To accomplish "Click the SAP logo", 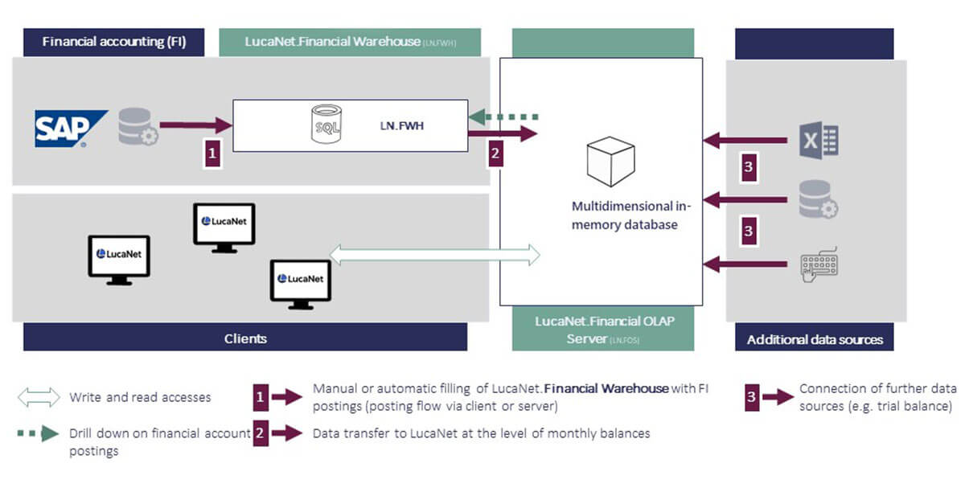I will (70, 129).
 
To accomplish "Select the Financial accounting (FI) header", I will (113, 42).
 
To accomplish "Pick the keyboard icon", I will (819, 263).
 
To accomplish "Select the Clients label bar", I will (245, 338).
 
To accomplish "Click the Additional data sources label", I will (815, 339).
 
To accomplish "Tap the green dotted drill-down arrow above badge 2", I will (503, 117).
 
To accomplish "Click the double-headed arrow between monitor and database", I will (435, 254).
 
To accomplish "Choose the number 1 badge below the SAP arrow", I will (212, 153).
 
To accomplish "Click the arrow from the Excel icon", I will (745, 141).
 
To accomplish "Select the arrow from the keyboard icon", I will (745, 263).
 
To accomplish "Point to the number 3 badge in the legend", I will (752, 396).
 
